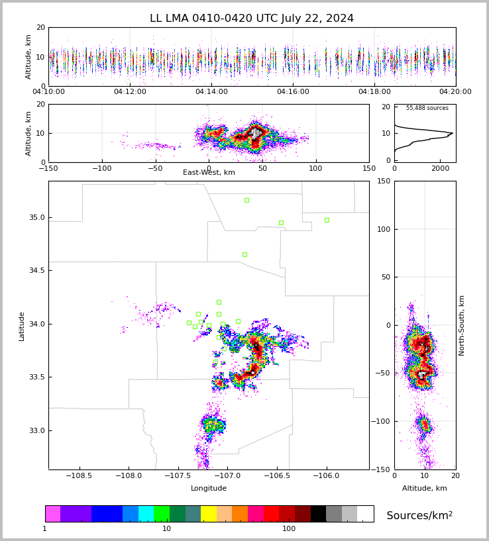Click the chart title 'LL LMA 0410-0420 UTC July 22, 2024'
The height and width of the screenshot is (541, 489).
(252, 19)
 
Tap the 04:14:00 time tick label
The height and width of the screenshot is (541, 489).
(211, 92)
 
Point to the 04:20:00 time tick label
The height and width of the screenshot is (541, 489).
(455, 92)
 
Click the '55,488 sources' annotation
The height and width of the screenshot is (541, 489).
(427, 108)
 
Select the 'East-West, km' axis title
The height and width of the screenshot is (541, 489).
(209, 173)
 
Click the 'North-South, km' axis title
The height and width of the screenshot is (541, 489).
(462, 325)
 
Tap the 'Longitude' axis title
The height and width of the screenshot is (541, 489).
(209, 489)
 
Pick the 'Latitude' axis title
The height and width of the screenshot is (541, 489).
(22, 326)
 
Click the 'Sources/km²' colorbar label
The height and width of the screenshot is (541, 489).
(419, 516)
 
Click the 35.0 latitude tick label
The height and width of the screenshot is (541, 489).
(36, 217)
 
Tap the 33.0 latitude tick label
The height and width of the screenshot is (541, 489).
(36, 430)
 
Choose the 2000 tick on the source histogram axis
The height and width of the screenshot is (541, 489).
(439, 169)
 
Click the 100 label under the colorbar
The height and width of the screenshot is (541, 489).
(289, 529)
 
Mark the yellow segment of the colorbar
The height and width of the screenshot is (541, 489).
(209, 514)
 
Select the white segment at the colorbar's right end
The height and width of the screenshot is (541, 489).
(365, 514)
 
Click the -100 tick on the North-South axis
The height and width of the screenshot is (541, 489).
(382, 421)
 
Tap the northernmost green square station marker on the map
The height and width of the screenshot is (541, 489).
(246, 200)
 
